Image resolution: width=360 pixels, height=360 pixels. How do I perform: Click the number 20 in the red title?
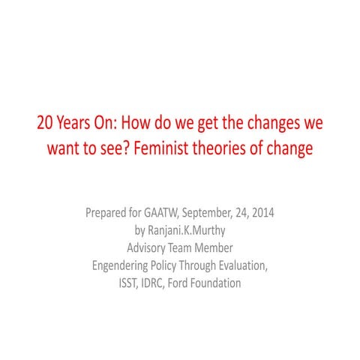click(43, 122)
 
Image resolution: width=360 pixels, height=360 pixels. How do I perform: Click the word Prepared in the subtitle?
click(110, 213)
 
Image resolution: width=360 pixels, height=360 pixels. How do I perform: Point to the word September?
click(223, 213)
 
